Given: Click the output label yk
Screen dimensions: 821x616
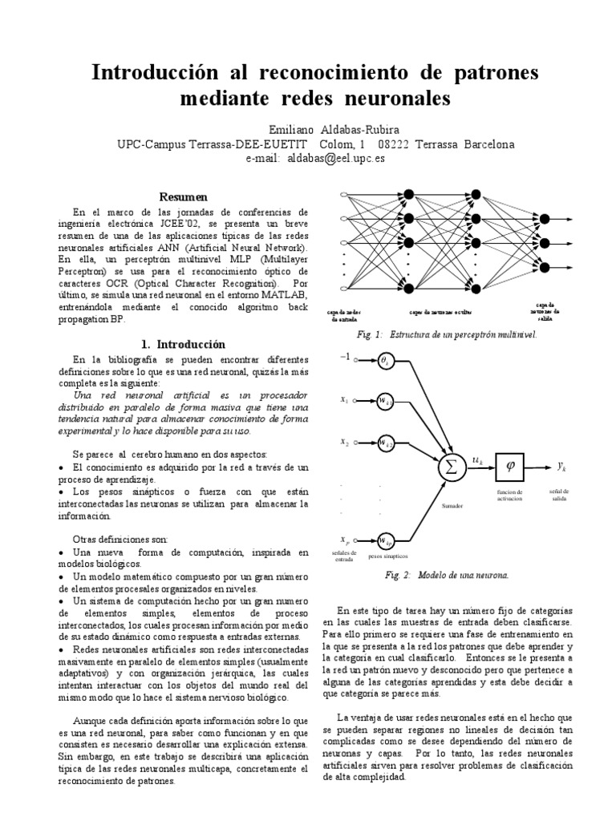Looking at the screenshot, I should coord(561,465).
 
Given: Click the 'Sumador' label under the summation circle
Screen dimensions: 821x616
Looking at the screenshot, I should coord(452,506).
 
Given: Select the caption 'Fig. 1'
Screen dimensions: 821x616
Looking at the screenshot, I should coord(371,334).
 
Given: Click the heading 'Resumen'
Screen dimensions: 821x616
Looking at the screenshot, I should coord(183,196).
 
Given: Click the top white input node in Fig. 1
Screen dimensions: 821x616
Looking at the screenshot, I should coord(345,195).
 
